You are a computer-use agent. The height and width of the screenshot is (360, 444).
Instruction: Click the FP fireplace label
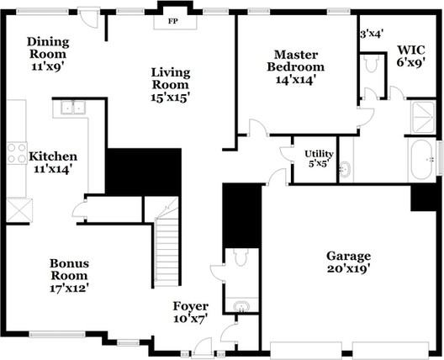pos(172,21)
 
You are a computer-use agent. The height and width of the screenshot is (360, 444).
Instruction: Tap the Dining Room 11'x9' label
pos(48,54)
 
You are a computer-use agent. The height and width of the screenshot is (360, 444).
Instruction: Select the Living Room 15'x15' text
pos(171,85)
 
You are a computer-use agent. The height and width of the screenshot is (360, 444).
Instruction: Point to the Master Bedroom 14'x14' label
pos(296,67)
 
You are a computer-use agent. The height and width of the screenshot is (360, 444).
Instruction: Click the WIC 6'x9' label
pos(411,56)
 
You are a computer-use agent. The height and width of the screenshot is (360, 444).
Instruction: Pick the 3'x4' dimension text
pos(372,34)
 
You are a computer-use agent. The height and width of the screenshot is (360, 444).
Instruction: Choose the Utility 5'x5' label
pos(319,159)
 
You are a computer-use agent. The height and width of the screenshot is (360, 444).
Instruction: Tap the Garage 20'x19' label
pos(349,262)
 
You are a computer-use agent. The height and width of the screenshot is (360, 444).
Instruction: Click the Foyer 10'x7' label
pos(191,312)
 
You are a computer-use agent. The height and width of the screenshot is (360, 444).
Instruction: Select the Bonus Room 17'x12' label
pos(69,276)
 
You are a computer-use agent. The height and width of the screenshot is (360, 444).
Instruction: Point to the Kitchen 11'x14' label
pos(53,163)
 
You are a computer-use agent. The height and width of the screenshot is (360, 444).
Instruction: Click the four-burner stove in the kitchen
pos(17,153)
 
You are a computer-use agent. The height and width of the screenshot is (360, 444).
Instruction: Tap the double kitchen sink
pos(73,108)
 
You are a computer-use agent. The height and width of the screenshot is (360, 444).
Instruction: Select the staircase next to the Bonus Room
pos(166,252)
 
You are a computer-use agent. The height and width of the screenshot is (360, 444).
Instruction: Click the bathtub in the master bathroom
pos(421,160)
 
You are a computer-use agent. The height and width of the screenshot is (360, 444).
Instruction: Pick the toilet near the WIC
pos(372,64)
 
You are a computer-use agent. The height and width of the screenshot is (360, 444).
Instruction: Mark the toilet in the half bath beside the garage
pos(240,257)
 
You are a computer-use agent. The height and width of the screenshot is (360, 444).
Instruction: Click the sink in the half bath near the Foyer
pos(241,306)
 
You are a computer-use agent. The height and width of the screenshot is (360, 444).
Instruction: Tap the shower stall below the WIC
pos(423,117)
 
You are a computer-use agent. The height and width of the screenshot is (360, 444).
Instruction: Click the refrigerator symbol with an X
pos(19,210)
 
